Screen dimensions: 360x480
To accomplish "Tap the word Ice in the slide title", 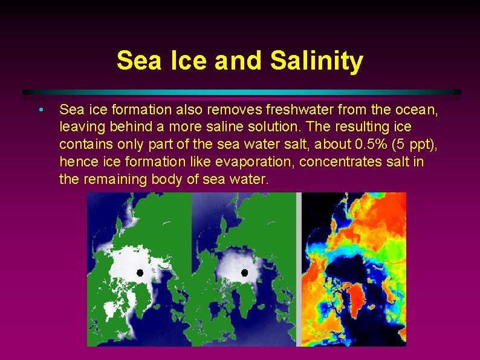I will (181, 61).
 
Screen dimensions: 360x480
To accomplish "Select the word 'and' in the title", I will (233, 61).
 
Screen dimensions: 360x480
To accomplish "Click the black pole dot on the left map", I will (140, 273).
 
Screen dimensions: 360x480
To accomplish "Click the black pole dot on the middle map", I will (245, 273).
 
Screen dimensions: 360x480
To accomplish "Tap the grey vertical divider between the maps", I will (299, 269).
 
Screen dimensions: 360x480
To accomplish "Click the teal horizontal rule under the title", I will (242, 93).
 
